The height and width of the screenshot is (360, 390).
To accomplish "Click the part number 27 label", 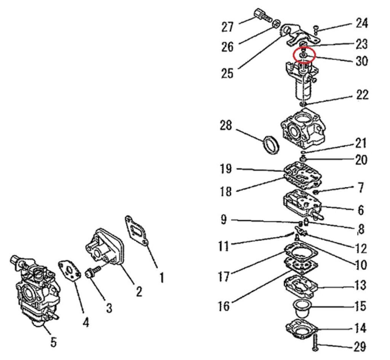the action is (x=228, y=27).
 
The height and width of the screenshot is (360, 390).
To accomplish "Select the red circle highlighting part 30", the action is (x=304, y=55).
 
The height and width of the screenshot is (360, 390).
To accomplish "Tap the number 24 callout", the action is (x=362, y=23).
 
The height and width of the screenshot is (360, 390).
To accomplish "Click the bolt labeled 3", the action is (x=94, y=272).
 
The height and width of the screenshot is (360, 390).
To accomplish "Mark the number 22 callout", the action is (x=362, y=95).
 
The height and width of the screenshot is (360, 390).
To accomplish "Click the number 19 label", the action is (x=226, y=169).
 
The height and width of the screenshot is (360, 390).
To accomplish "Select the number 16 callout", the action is (x=224, y=306).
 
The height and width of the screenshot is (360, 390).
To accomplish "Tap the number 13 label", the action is (x=360, y=285).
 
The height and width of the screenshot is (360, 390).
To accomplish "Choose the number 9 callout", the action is (x=224, y=219).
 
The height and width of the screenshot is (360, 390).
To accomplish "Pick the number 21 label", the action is (x=361, y=143).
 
